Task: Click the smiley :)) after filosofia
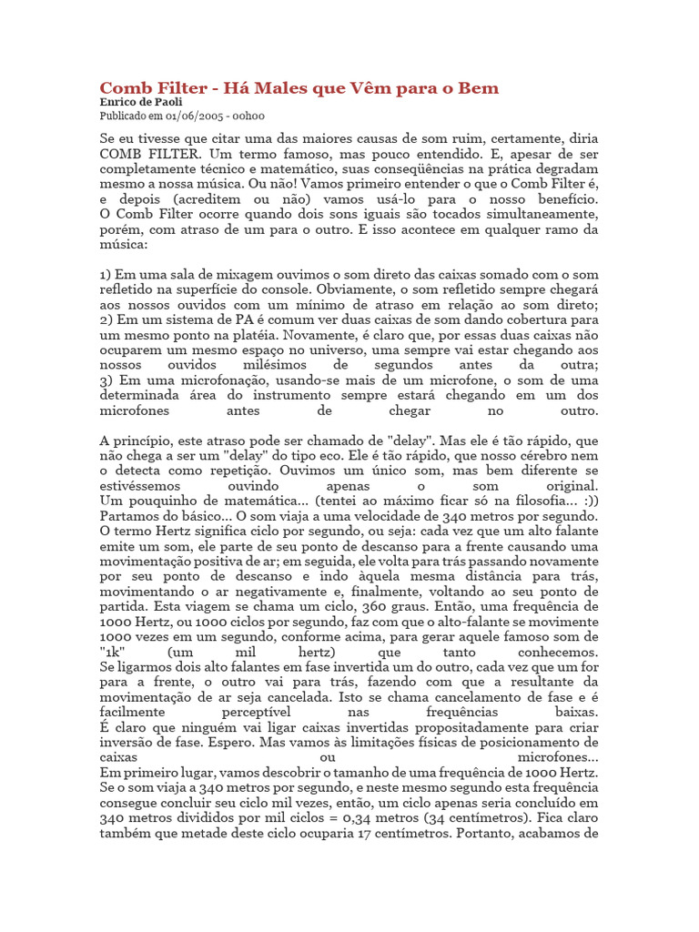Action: coord(589,501)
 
